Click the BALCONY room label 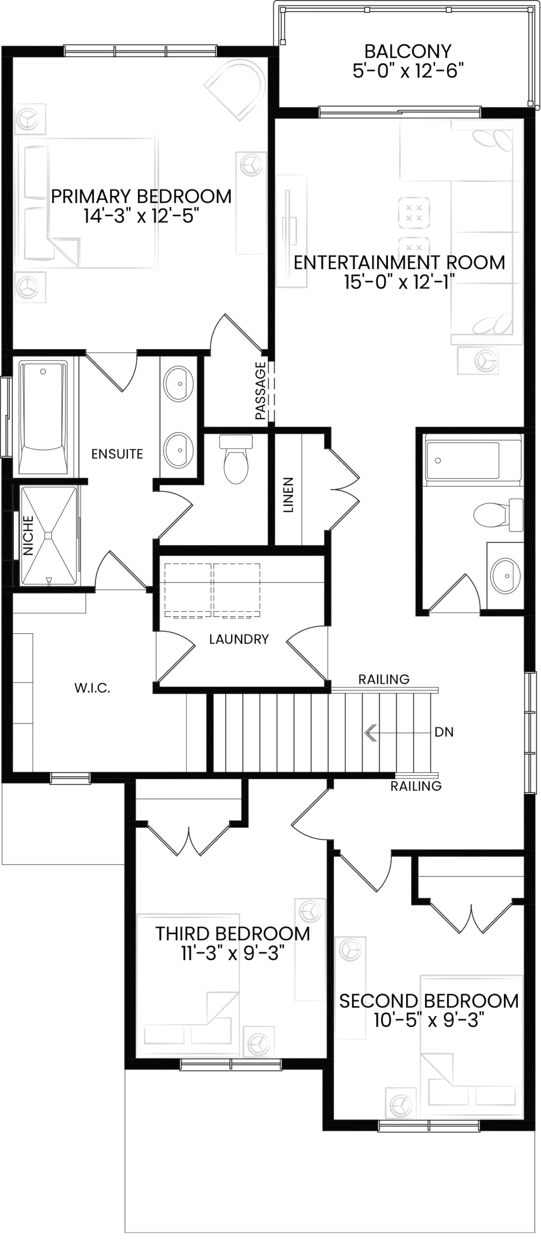click(408, 51)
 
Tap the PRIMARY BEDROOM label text click(141, 197)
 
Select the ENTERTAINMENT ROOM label click(399, 263)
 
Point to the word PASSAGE click(260, 391)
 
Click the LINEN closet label click(288, 495)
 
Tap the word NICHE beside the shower click(28, 536)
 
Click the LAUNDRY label click(239, 639)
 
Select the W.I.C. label click(92, 688)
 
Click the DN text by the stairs click(444, 732)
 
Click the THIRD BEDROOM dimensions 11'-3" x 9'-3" click(233, 953)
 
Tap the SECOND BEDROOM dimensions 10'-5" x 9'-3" click(429, 1020)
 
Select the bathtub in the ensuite click(43, 417)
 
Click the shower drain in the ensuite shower click(48, 536)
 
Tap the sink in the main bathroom click(505, 576)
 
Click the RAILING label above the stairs click(384, 679)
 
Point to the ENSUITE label click(117, 454)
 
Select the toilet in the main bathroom click(498, 514)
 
